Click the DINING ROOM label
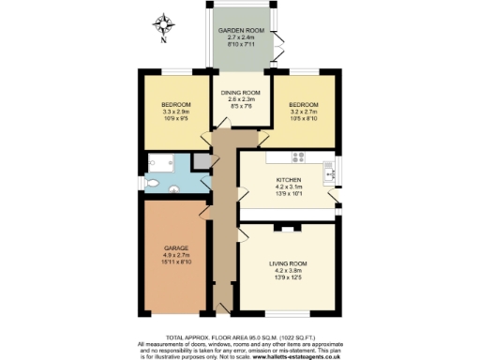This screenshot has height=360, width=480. coord(240,93)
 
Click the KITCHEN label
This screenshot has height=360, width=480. coord(287,179)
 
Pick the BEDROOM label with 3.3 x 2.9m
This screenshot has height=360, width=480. coord(176,104)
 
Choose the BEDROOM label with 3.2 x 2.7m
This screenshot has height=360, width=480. coord(303,104)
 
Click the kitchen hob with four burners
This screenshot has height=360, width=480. coord(300,157)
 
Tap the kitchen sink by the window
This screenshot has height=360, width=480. coord(329,171)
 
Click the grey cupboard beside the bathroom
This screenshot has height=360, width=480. coord(200,162)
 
